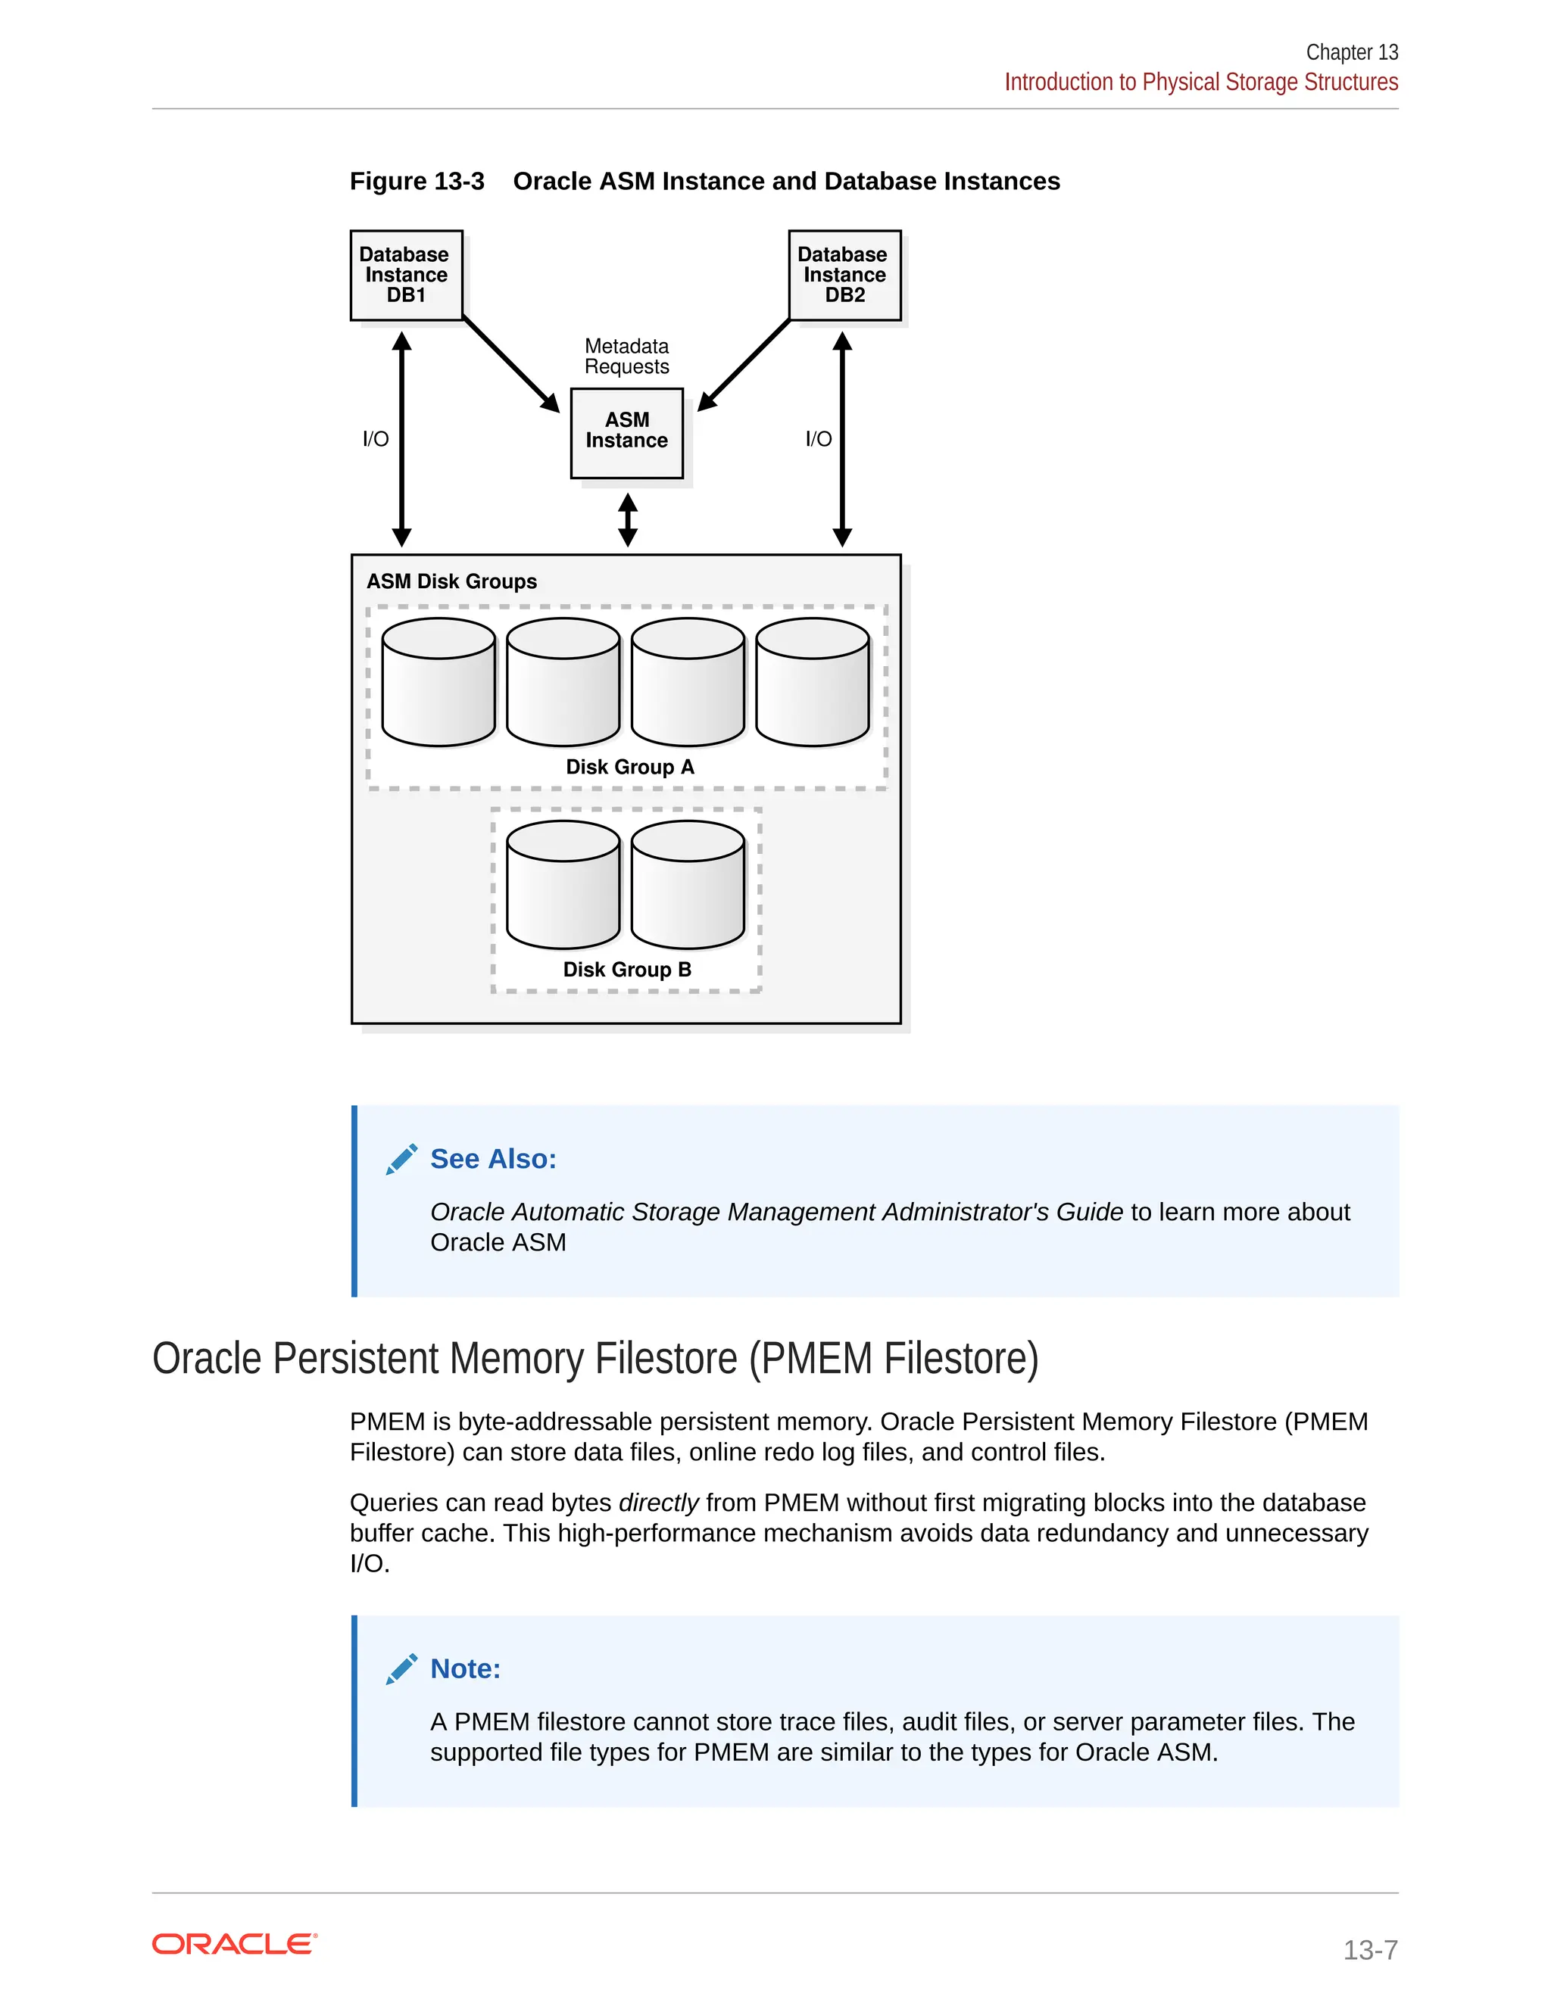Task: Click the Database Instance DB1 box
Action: (406, 275)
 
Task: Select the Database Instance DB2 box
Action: (844, 275)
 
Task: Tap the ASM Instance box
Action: (626, 431)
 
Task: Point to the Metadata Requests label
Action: (626, 357)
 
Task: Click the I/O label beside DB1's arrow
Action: (375, 439)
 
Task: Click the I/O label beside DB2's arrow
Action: (818, 439)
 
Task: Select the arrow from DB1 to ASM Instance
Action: (511, 363)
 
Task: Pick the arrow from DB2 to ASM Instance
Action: (744, 363)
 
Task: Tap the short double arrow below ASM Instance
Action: (628, 520)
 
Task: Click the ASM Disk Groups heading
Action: (451, 581)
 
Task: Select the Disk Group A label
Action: (629, 767)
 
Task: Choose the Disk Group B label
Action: (626, 970)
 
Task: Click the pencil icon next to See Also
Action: (401, 1159)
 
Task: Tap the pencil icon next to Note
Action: (401, 1669)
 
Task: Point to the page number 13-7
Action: (1369, 1950)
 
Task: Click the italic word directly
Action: (658, 1503)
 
